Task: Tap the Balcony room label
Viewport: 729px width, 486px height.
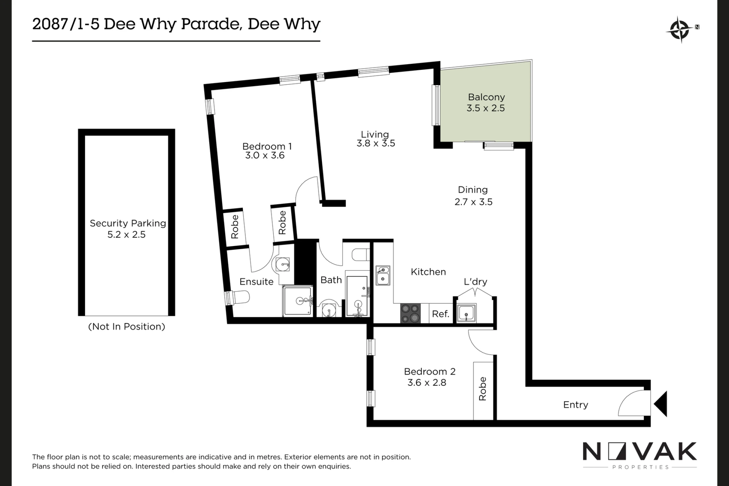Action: (486, 97)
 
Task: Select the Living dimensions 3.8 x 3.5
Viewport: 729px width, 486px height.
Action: (376, 143)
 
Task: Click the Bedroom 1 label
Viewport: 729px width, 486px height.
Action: (267, 146)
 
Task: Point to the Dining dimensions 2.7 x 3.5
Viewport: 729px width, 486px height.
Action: (473, 202)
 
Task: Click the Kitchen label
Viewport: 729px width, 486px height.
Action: (428, 272)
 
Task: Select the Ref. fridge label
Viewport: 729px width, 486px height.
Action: (440, 314)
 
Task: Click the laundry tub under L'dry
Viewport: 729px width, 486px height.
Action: (466, 313)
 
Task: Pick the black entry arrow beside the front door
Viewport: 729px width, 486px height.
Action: (661, 404)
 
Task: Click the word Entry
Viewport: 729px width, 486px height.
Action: (575, 405)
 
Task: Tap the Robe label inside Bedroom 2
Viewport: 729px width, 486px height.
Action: (483, 389)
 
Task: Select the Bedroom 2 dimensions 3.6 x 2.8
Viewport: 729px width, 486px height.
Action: (427, 383)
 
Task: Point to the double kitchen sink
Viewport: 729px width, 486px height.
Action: (383, 275)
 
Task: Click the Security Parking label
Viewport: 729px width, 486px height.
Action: (128, 223)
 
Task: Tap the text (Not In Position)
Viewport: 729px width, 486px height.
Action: (127, 327)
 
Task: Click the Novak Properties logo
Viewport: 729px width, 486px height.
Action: (640, 455)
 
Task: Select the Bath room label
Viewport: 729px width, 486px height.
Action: (331, 280)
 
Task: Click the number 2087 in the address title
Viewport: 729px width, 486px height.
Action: (50, 24)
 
